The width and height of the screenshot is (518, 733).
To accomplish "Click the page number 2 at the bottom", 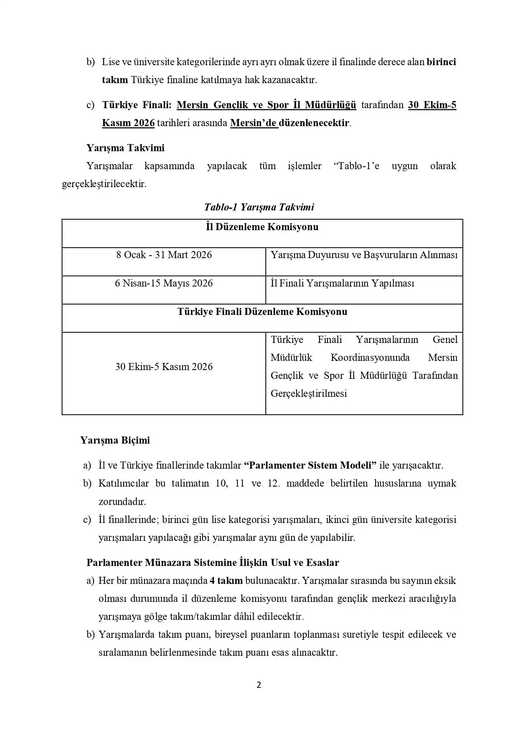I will coord(259,685).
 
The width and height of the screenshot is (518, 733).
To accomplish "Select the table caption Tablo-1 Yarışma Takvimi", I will coord(259,207).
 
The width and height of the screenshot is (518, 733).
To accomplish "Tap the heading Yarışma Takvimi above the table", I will coord(125,148).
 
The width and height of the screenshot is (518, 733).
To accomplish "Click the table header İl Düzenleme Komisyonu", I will coord(262,227).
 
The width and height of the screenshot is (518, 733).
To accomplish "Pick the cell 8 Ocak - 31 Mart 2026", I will coord(164,255).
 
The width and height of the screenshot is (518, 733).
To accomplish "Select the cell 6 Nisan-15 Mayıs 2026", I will coord(164,283).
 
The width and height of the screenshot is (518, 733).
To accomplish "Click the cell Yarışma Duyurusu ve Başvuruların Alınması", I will coord(364,255).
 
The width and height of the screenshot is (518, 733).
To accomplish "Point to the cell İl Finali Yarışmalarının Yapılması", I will coord(342,283).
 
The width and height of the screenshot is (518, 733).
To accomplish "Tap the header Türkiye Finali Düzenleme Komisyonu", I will coord(262,312).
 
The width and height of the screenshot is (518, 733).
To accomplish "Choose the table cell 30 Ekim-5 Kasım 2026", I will coord(164,367).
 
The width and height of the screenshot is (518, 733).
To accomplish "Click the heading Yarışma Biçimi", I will coord(115,440).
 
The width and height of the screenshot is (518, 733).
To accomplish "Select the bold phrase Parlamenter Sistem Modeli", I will coord(310,465).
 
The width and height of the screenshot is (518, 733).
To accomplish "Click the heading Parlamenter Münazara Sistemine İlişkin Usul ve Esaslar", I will coord(213,563).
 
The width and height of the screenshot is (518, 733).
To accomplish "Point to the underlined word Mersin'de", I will coord(254,123).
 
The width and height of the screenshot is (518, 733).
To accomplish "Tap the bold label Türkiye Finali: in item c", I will coord(137,105).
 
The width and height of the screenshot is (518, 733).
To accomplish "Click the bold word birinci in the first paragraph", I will coord(441,62).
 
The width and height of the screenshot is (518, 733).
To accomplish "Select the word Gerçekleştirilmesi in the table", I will coord(309,393).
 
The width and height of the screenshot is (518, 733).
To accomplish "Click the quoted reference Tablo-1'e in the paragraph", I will coord(356,166).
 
